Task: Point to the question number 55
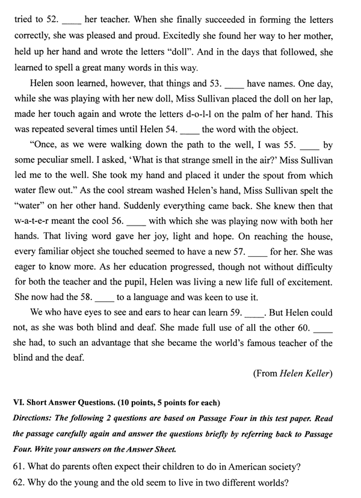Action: [x=289, y=146]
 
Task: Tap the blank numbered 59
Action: [x=256, y=313]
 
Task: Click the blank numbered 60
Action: [x=323, y=328]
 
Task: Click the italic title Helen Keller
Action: [x=306, y=373]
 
